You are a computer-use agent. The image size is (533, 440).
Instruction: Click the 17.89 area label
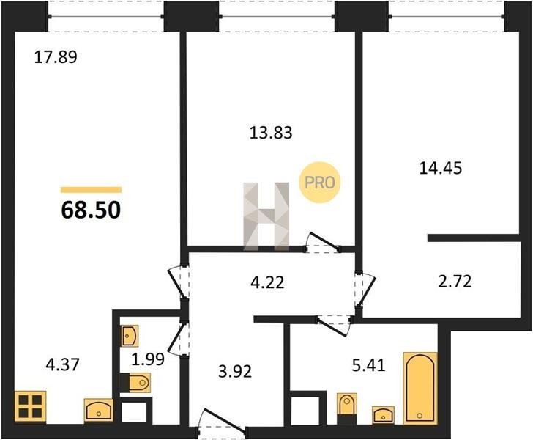pos(56,57)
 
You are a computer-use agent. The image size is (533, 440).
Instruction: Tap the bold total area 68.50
pos(91,210)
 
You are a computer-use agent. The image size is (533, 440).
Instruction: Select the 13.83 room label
pos(271,133)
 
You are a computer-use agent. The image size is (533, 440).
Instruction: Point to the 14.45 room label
pos(441,168)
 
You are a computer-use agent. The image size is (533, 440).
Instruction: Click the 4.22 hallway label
pos(267,282)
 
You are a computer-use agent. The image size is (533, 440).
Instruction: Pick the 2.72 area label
pos(455,282)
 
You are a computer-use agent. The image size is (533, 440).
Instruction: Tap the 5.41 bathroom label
pos(369,365)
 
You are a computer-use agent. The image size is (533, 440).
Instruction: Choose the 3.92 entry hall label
pos(235,372)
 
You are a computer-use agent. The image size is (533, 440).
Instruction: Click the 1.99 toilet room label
pos(148,359)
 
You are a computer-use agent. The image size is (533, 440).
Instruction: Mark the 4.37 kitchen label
pos(62,364)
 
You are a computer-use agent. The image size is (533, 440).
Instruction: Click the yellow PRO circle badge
pos(319,183)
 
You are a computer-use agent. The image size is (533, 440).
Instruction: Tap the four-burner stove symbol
pos(30,406)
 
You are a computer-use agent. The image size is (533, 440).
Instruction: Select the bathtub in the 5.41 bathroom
pos(420,388)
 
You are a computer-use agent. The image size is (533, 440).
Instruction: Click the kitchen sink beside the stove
pos(99,410)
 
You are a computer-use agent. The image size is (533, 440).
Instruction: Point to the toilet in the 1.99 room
pos(135,383)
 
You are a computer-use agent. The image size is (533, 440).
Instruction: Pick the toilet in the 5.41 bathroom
pos(347,408)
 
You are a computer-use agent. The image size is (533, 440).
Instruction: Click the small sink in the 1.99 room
pos(130,336)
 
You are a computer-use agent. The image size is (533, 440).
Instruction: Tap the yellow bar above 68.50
pos(91,190)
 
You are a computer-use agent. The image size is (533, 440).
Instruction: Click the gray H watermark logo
pos(266,216)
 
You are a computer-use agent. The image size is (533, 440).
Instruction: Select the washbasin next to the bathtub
pos(383,415)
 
